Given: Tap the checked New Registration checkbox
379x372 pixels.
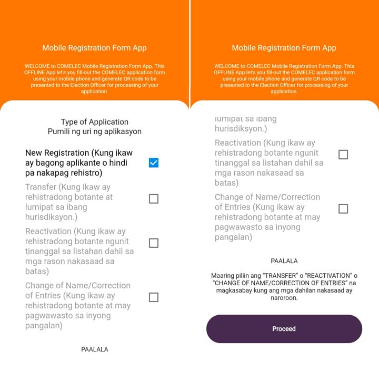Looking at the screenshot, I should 153,163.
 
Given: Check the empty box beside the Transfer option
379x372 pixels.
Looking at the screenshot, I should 153,199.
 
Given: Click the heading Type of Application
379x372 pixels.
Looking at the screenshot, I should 95,122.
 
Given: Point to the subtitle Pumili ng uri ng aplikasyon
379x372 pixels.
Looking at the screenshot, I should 95,132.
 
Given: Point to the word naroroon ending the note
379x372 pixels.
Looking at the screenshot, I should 284,298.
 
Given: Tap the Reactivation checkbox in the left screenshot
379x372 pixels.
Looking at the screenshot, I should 153,243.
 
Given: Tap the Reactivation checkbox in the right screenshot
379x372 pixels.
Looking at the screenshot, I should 343,155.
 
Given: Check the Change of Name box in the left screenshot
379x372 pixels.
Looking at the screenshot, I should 153,297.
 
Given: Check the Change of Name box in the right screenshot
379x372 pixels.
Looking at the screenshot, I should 343,209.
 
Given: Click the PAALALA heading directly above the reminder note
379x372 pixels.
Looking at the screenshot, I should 284,261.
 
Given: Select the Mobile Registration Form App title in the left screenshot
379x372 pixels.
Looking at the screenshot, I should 95,48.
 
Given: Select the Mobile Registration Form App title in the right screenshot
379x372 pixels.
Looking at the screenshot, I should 284,48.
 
